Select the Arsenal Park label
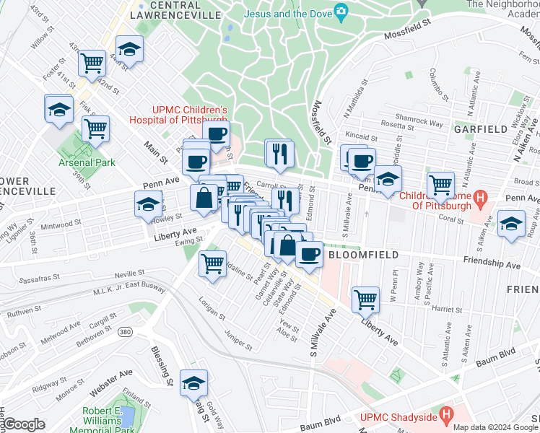[87, 162]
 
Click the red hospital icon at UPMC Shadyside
[446, 415]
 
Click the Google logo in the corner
[23, 424]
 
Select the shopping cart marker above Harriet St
[366, 298]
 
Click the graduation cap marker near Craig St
[193, 382]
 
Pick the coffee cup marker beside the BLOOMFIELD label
[310, 254]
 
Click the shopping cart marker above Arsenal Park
[95, 128]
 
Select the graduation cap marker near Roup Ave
[512, 223]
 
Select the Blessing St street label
[160, 364]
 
